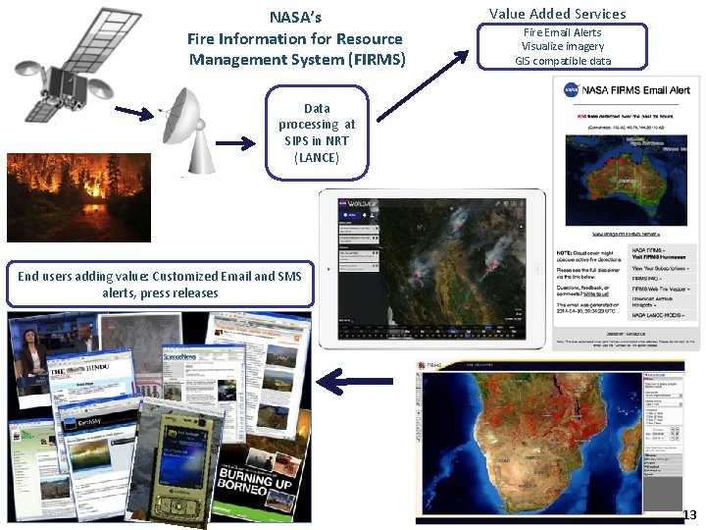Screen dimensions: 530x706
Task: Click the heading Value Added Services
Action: click(557, 14)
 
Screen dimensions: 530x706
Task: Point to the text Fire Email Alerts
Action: click(562, 32)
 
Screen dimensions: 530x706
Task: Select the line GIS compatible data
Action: click(563, 61)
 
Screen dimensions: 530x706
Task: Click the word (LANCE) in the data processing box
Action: click(317, 156)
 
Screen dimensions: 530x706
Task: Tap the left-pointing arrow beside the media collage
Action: click(362, 380)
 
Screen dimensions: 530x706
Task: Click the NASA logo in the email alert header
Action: click(572, 90)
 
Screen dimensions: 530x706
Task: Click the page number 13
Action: click(688, 515)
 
